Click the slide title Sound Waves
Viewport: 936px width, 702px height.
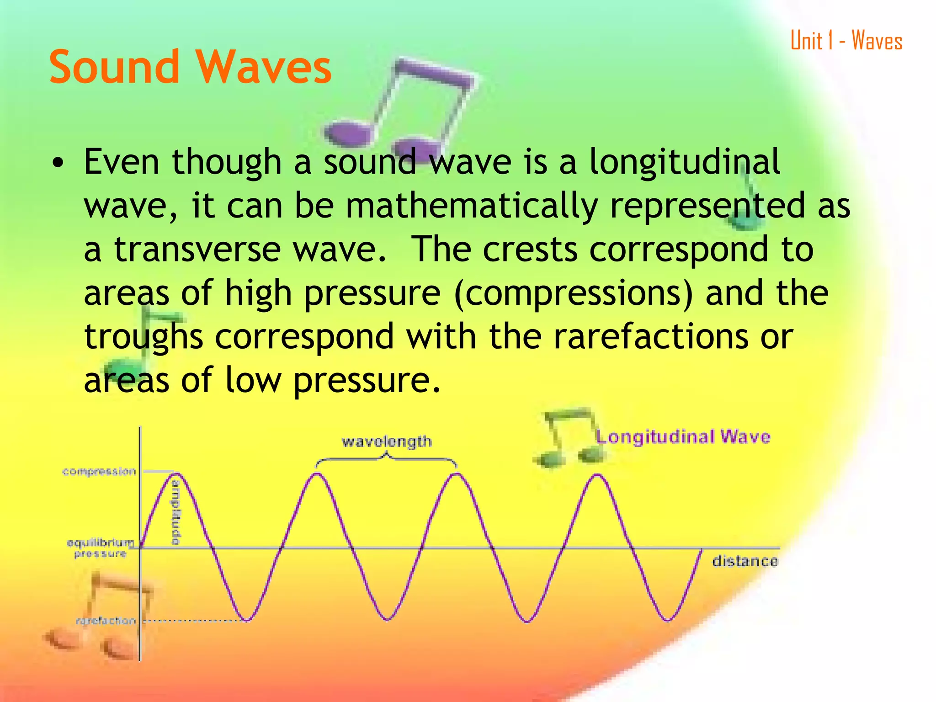(190, 67)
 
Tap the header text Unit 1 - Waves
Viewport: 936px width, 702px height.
(846, 41)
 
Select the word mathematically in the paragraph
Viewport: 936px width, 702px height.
(471, 206)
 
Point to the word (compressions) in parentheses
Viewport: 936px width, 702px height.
(573, 293)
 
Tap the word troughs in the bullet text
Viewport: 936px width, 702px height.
(144, 337)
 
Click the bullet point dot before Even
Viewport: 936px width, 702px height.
(58, 163)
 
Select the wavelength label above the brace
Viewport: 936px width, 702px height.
(387, 441)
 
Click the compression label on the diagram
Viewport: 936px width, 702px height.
(99, 471)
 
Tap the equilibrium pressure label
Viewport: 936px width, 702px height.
(101, 548)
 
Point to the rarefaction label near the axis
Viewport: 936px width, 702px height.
(106, 621)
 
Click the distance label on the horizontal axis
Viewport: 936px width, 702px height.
(745, 561)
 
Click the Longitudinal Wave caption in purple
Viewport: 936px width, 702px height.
(683, 436)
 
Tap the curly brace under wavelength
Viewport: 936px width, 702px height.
(386, 458)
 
